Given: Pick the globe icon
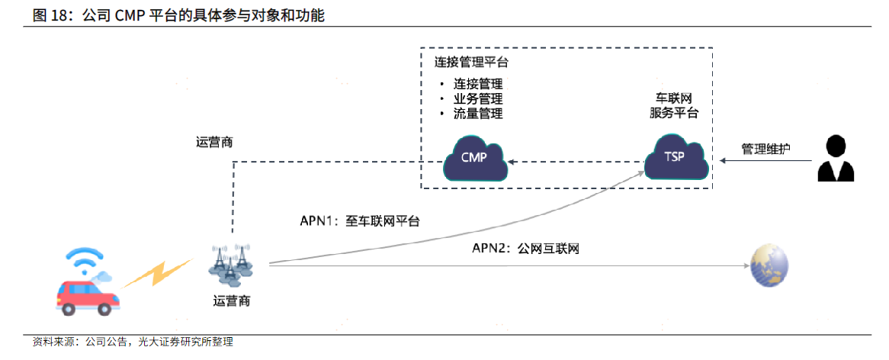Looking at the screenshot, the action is click(x=769, y=266).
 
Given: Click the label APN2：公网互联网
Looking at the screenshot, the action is click(x=525, y=249).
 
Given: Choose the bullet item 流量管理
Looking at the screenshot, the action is click(x=478, y=114).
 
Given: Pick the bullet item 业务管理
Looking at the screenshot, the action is click(x=478, y=99).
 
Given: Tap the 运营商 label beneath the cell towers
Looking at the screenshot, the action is click(x=231, y=301).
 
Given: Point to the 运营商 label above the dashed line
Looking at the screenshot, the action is click(x=213, y=143).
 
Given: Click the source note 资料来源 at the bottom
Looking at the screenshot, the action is click(x=133, y=342).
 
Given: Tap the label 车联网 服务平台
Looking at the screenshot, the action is click(x=674, y=105).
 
